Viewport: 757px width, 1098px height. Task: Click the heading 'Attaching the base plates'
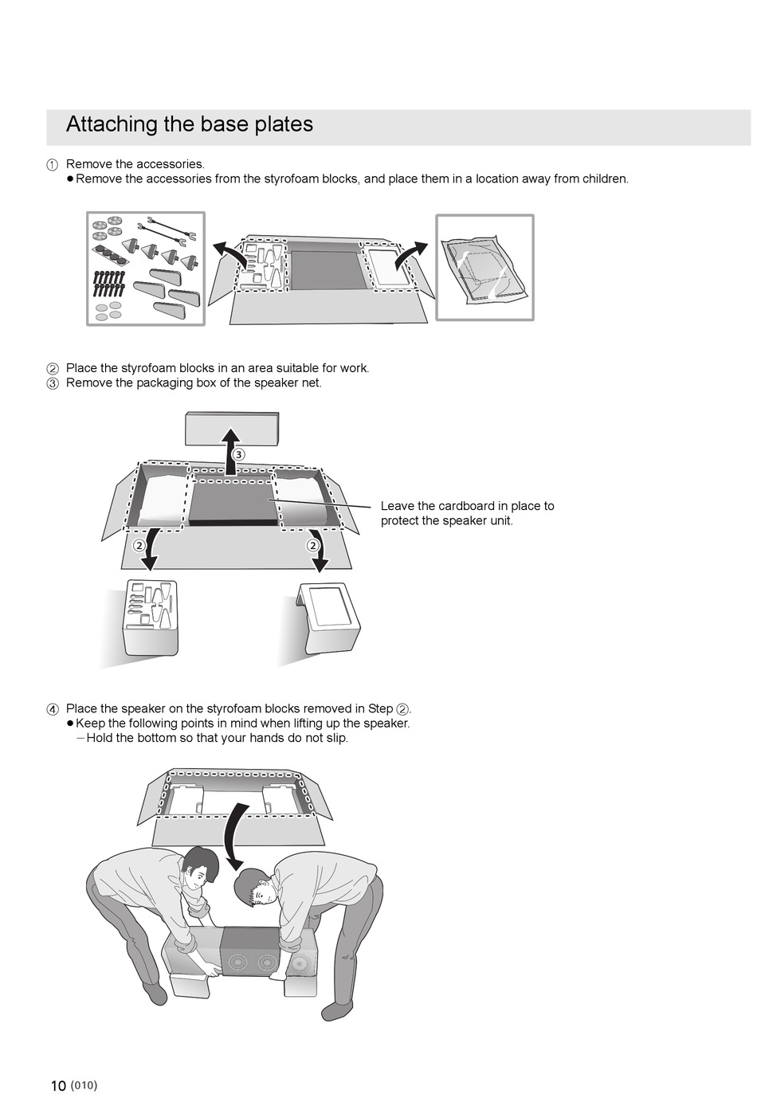point(189,124)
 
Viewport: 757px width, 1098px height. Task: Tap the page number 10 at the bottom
point(58,1085)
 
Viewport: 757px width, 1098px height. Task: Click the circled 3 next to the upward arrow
point(238,454)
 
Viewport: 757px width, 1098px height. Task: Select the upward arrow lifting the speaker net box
point(230,449)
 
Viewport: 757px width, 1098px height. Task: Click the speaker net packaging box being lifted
point(232,428)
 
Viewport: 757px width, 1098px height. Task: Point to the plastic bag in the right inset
point(483,268)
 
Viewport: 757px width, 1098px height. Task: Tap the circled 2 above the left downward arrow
point(139,545)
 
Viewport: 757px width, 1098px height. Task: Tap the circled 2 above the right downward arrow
point(313,545)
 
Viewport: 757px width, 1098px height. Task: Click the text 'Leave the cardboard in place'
point(467,506)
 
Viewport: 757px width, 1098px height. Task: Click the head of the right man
point(255,888)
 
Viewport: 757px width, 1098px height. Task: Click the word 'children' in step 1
point(603,178)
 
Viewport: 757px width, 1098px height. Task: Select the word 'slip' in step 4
point(335,738)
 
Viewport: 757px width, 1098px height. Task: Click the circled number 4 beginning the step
point(53,709)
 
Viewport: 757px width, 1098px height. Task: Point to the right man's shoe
point(335,1010)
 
